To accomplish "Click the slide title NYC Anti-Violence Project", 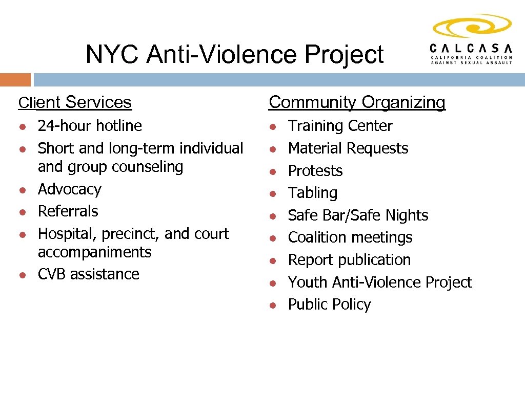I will coord(234,54).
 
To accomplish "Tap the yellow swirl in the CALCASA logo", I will coord(472,26).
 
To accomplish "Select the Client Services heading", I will coord(75,102).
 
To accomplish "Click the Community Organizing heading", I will coord(357,102).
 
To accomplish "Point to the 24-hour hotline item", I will coord(90,126).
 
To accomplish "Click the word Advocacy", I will coord(70,189).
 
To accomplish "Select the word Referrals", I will coord(68,211).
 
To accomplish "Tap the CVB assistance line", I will coord(89,274).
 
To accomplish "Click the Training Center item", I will coord(340,126).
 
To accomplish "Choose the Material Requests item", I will coord(348,148).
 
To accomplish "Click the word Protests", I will coord(315,171).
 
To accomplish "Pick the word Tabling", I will coord(313,193).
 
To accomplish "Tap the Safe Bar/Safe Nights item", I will coord(358,215).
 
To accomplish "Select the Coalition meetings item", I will coord(350,237).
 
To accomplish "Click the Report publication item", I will coord(349,260).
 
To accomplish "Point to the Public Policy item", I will coord(329,304).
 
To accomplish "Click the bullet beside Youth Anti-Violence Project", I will coord(274,283).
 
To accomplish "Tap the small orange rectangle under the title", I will coord(15,80).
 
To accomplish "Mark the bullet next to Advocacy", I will coord(23,190).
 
